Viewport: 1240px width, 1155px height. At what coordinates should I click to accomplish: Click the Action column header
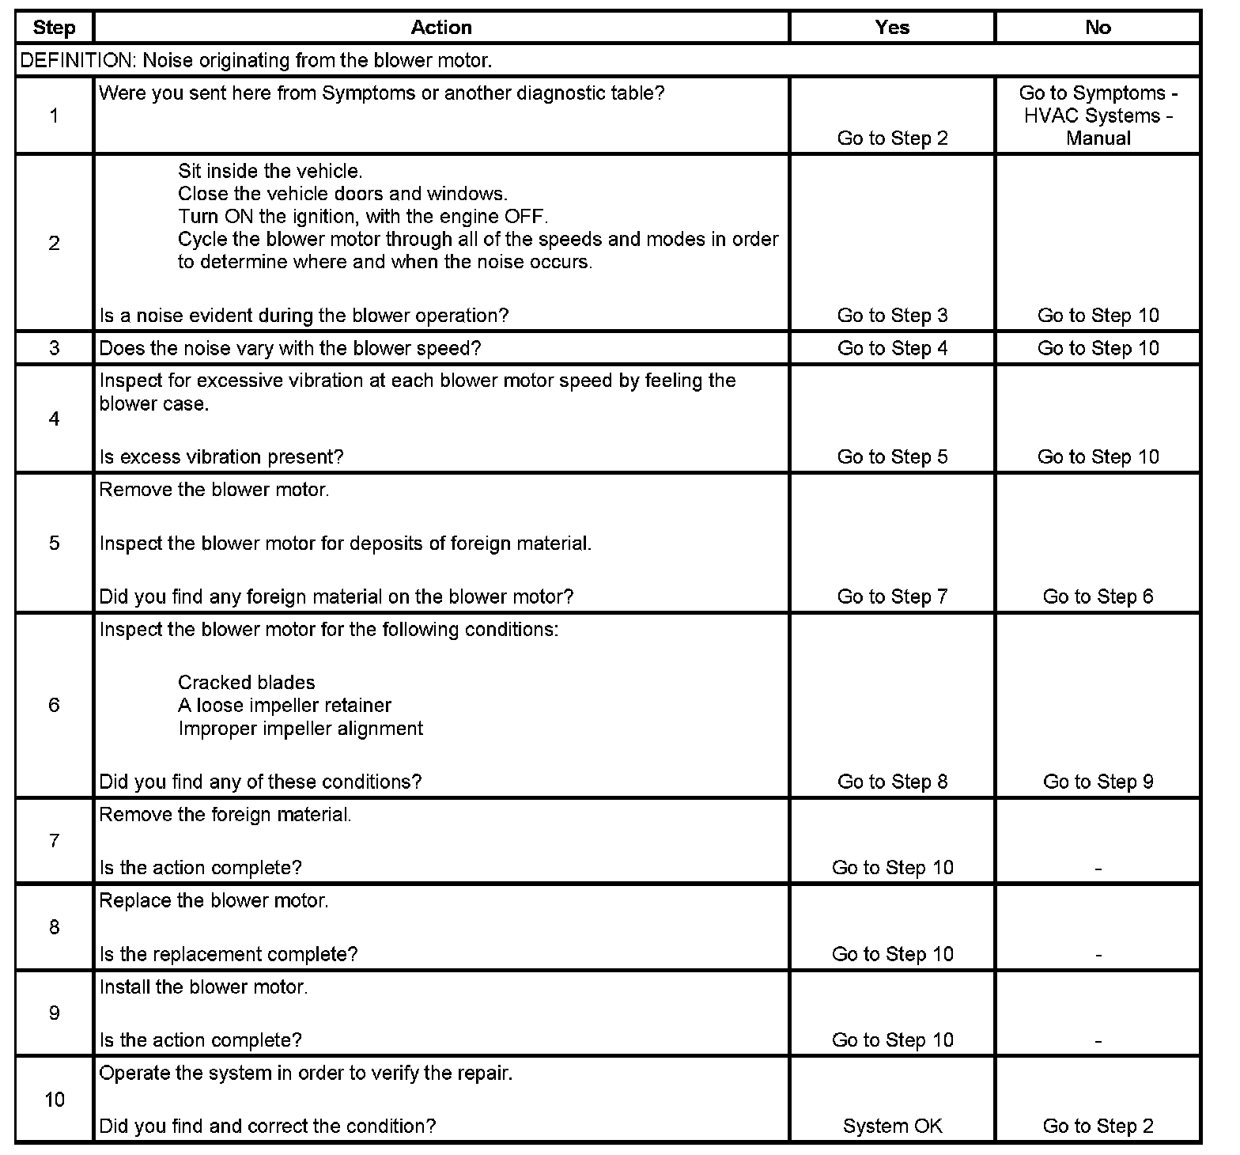click(441, 28)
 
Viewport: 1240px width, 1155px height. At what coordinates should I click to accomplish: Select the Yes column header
click(892, 28)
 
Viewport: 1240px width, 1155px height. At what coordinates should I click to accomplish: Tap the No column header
click(1098, 28)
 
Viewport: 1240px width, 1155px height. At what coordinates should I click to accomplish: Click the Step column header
click(54, 28)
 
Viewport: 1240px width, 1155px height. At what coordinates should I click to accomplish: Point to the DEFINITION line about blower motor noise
click(256, 60)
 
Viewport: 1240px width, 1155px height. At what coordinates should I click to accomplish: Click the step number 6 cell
click(54, 705)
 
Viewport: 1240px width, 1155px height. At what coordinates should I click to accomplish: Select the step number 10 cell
click(54, 1100)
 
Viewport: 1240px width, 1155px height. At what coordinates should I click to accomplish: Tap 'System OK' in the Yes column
click(892, 1126)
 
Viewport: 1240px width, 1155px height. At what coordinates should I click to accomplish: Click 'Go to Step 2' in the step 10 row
click(1098, 1126)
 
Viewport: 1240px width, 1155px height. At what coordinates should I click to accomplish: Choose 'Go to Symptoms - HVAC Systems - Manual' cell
click(1098, 116)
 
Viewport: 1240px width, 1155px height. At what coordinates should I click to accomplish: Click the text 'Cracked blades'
click(246, 683)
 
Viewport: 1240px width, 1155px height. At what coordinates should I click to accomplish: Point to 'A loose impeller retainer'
click(284, 705)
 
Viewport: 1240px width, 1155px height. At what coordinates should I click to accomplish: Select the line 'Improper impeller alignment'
click(300, 728)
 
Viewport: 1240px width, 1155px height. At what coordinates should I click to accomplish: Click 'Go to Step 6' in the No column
click(1098, 596)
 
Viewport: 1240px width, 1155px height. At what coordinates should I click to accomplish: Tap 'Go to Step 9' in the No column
click(1098, 782)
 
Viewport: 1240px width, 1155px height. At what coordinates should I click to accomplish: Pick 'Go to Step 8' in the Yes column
click(892, 782)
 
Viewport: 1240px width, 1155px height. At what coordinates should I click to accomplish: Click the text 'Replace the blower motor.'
click(214, 900)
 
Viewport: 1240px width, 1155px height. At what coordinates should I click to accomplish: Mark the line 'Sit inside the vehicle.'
click(270, 171)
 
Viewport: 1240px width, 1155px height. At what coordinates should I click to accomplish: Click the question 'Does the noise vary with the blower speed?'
click(289, 348)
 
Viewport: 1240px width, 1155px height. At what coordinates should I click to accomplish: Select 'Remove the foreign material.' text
click(225, 814)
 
